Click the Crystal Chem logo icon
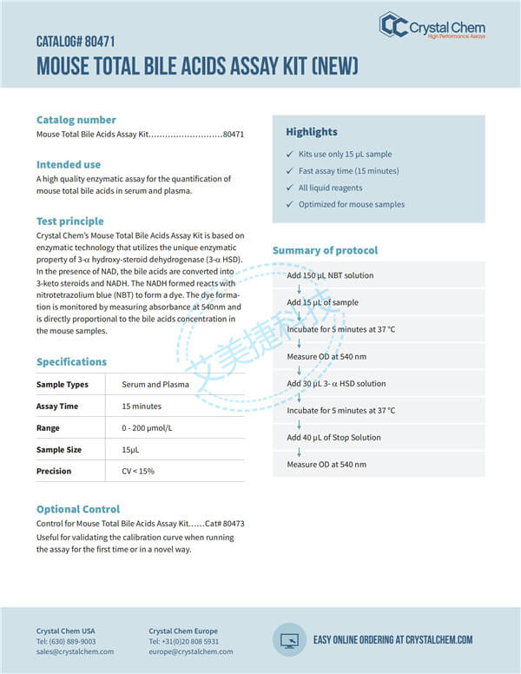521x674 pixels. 393,24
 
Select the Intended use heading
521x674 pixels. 69,164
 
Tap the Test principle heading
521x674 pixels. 69,221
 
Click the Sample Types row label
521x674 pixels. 63,384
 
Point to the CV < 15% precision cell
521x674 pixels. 138,471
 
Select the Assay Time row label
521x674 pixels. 57,406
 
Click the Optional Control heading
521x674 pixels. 78,509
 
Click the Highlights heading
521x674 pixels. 312,132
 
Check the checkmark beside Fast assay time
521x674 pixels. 291,171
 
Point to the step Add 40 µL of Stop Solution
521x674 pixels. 333,438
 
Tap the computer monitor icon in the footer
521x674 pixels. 288,639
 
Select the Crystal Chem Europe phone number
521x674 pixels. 184,641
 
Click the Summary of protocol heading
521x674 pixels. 325,251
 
